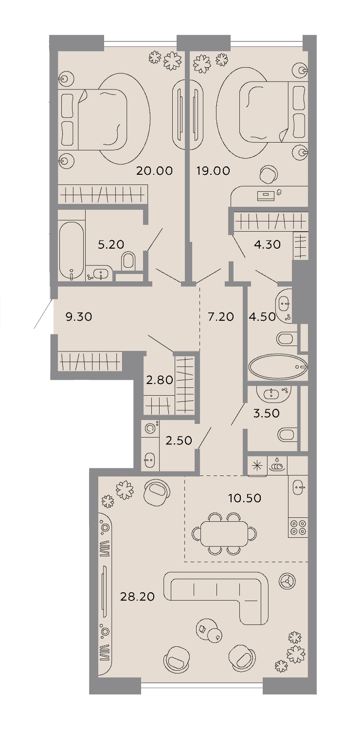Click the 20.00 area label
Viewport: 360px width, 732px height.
(154, 170)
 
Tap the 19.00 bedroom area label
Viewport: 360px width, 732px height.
(213, 170)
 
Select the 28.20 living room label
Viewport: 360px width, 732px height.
(137, 597)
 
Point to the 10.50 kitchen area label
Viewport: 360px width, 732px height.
(245, 498)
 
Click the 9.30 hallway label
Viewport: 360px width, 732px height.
(79, 317)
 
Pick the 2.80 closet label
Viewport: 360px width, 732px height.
(160, 380)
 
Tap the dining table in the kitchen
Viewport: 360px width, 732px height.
(224, 533)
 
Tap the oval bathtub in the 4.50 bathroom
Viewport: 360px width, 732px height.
(278, 367)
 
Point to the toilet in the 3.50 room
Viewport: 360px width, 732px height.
(287, 435)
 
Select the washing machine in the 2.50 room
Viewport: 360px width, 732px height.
(151, 428)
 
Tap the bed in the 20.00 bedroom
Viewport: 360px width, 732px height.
(92, 119)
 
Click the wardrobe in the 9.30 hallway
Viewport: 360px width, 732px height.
(90, 361)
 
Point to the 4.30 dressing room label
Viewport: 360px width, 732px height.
(267, 244)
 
